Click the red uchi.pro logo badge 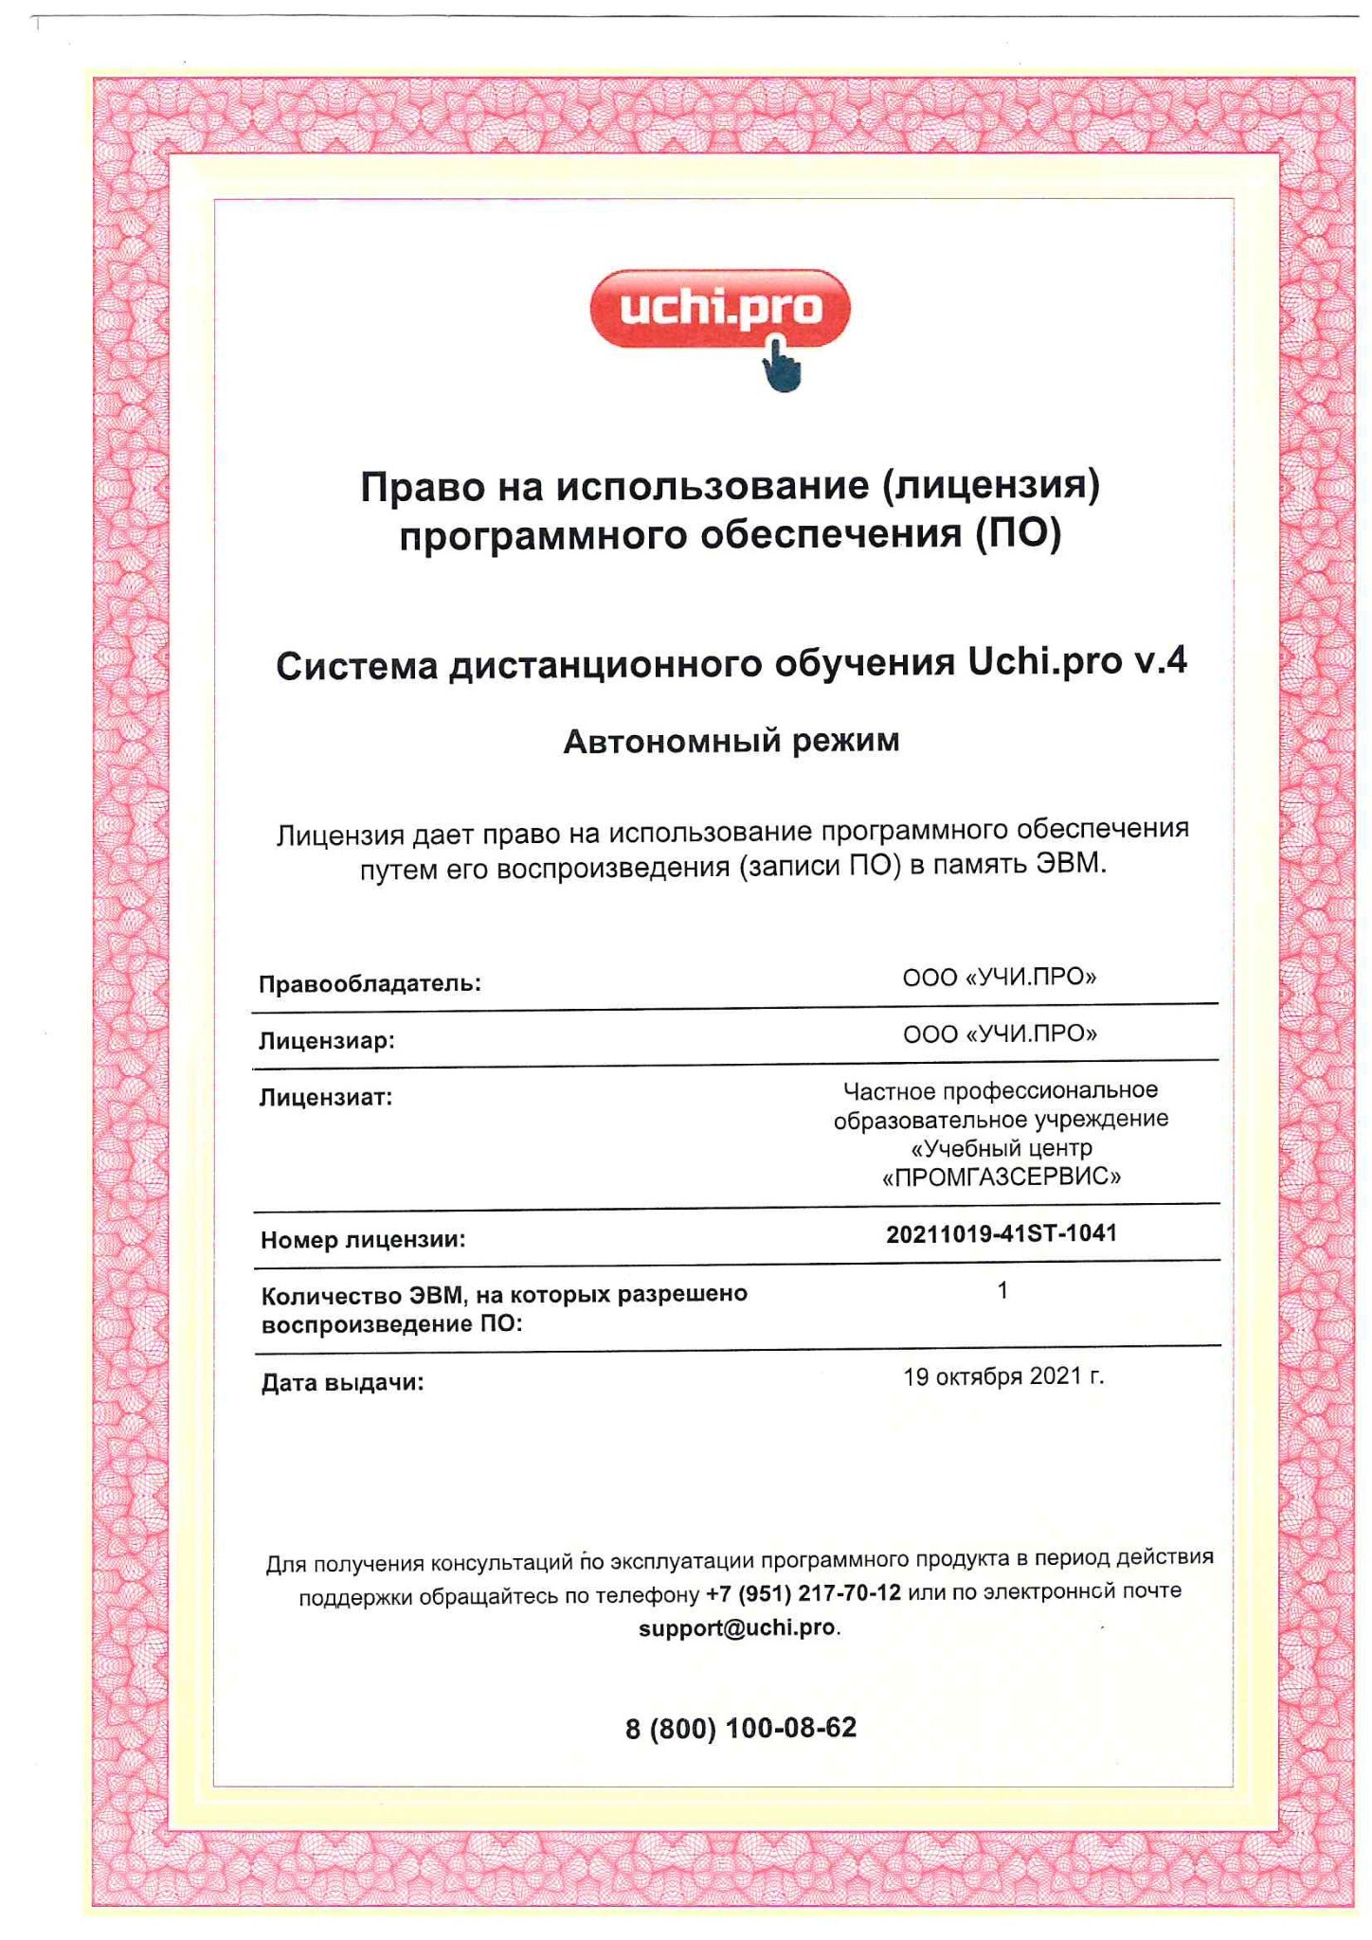click(719, 309)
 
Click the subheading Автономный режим click(731, 741)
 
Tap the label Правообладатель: click(370, 983)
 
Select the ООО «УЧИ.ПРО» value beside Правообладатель click(1000, 977)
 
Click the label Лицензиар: click(327, 1041)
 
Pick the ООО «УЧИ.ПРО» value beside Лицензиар click(1000, 1033)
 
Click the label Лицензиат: click(326, 1098)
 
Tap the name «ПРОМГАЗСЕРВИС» click(1001, 1177)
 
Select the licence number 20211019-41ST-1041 click(1002, 1233)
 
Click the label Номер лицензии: click(364, 1240)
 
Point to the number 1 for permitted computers click(1002, 1290)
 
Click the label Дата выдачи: click(343, 1383)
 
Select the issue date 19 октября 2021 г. click(1003, 1376)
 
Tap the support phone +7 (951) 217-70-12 click(803, 1592)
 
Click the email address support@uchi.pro click(737, 1627)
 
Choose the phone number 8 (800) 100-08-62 click(741, 1729)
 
